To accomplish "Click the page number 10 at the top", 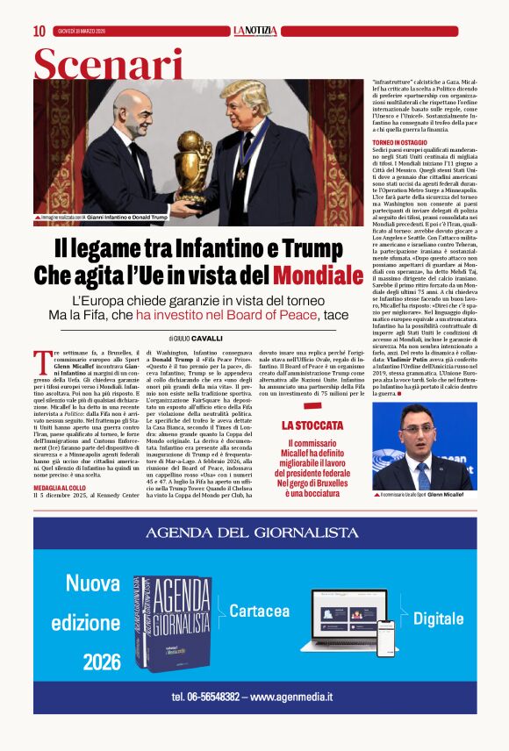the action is click(x=39, y=32).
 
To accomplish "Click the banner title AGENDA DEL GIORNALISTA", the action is click(x=252, y=533).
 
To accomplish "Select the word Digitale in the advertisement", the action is click(x=438, y=619).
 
